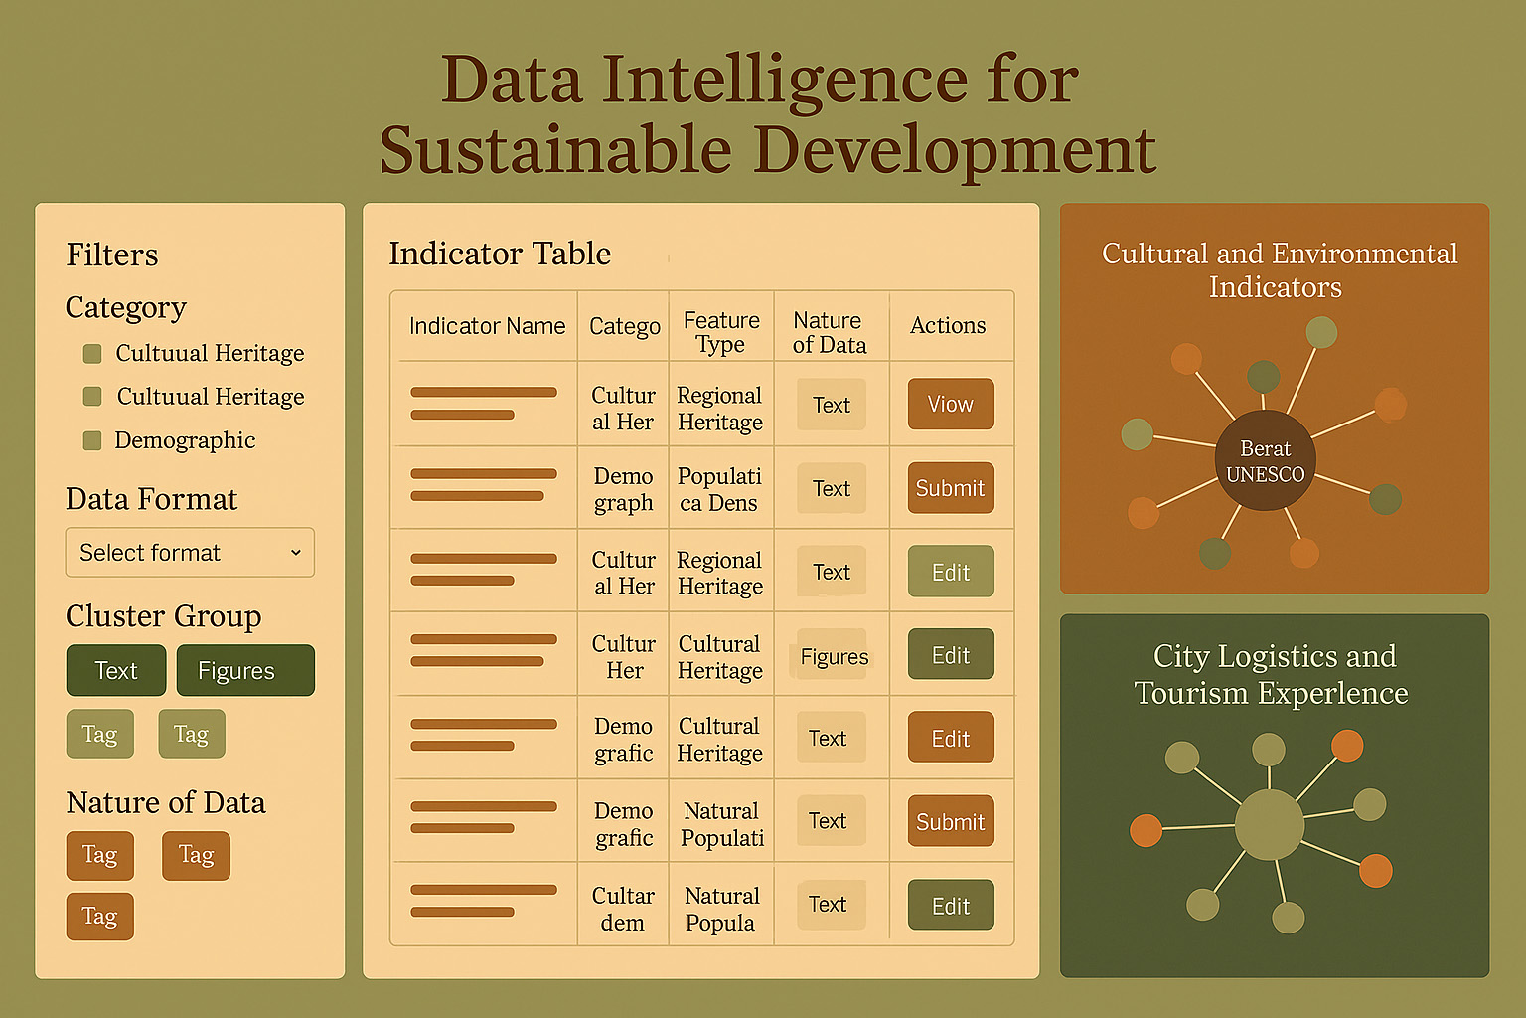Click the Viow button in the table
tap(951, 404)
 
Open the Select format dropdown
tap(190, 553)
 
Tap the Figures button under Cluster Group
tap(245, 670)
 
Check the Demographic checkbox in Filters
tap(92, 440)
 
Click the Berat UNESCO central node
tap(1265, 461)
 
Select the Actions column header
tap(948, 325)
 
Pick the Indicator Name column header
tap(487, 326)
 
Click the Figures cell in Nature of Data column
tap(834, 656)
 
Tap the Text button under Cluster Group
tap(116, 670)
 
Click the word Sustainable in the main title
tap(555, 150)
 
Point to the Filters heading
tap(111, 254)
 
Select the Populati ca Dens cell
tap(719, 489)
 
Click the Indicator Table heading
tap(500, 253)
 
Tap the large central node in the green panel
tap(1269, 824)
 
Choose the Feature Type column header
tap(720, 332)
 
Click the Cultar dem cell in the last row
tap(623, 909)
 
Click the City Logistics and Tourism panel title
tap(1272, 674)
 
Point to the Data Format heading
tap(151, 499)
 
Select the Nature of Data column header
tap(830, 332)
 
